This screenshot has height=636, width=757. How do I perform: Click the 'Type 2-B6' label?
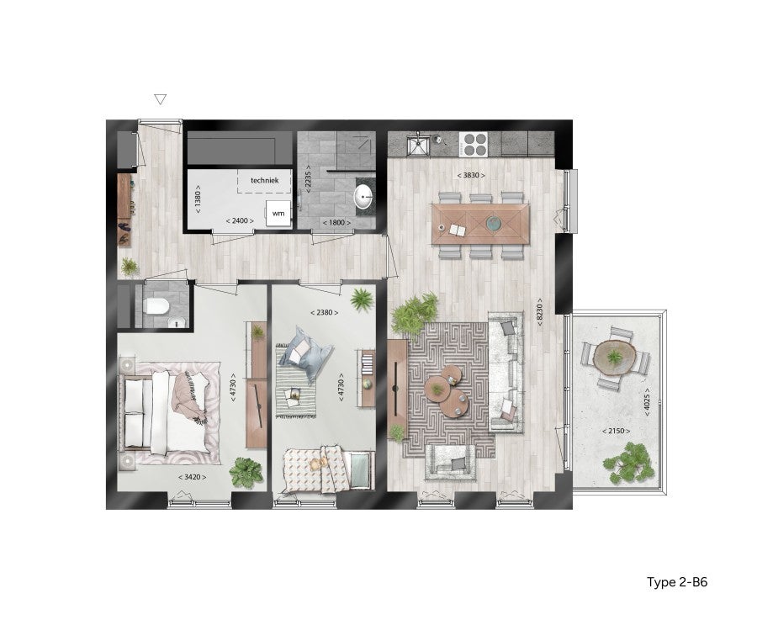coord(682,581)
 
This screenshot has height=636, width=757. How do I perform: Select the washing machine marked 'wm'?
coord(277,215)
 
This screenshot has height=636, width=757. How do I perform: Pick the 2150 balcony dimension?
coord(617,431)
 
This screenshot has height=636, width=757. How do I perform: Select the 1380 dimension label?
coord(198,199)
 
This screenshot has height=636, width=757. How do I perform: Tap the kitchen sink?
coord(418,145)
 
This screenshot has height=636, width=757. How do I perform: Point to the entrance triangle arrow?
coord(161,99)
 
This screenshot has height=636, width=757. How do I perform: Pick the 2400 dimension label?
coord(240,221)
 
